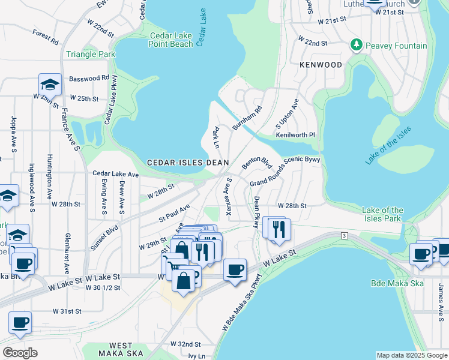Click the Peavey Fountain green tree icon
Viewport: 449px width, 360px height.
pos(357,46)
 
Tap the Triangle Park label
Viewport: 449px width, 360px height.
pos(91,54)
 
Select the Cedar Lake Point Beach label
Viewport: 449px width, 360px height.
pos(171,40)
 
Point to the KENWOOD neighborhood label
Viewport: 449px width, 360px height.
pos(321,65)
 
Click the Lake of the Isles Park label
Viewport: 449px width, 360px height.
pos(383,214)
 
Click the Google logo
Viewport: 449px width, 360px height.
pos(20,353)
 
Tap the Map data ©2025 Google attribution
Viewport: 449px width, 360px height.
pos(411,355)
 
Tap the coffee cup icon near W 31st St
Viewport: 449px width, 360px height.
pos(20,322)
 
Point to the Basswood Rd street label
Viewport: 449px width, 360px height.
pos(89,78)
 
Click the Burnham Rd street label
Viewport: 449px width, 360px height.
pos(247,118)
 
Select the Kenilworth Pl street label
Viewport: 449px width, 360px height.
pos(295,135)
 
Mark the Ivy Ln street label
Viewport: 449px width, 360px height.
pos(196,355)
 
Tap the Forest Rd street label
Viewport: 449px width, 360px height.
pos(46,37)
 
